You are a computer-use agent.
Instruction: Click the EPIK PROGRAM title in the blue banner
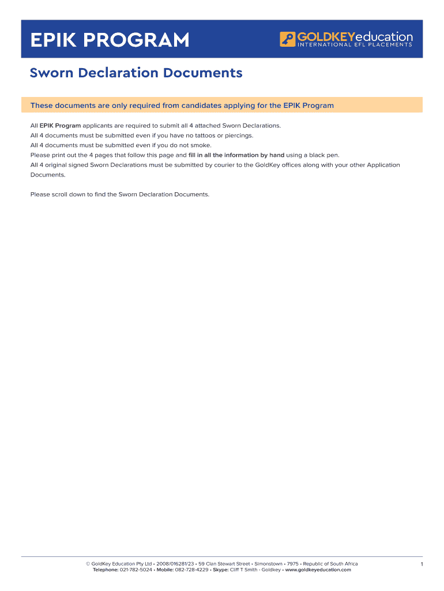110,40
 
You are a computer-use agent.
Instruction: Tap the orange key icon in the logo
287,39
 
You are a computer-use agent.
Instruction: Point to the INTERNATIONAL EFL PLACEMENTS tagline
355,45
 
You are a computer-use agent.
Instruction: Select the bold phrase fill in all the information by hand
236,155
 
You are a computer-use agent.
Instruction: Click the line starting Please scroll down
119,194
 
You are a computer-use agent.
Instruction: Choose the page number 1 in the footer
422,564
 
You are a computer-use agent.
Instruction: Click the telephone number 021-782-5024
136,570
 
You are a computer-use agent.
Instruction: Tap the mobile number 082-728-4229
192,570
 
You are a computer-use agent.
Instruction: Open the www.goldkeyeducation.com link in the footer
318,570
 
